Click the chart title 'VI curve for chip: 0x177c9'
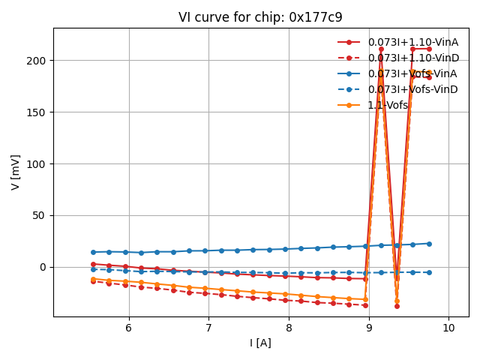(260, 17)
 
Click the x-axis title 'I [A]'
(260, 343)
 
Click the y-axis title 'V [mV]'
(16, 172)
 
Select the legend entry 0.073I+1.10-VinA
(412, 42)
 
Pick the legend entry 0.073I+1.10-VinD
(412, 58)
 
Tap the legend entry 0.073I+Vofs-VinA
(412, 73)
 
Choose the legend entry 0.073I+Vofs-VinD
(412, 89)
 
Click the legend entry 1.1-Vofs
(388, 105)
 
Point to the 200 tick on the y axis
(39, 60)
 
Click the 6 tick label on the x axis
(129, 328)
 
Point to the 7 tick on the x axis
(208, 328)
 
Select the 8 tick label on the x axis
(289, 328)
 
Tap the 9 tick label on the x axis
(369, 328)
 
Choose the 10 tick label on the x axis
(448, 328)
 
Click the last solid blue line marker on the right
(429, 244)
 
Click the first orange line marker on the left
(93, 279)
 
